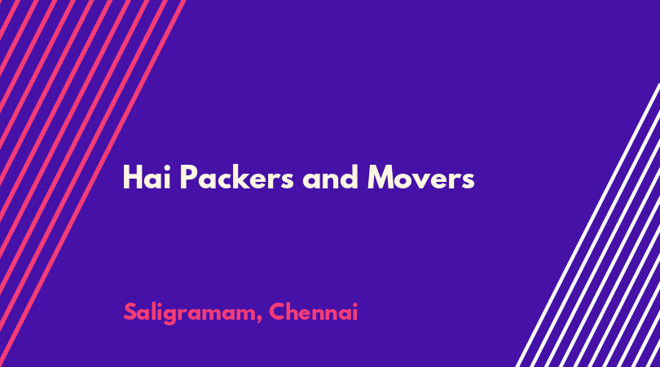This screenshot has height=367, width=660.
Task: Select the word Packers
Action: click(x=236, y=177)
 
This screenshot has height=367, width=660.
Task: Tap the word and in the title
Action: click(x=331, y=177)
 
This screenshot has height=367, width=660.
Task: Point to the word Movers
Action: click(x=421, y=178)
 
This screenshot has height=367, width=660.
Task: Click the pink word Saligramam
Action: click(x=189, y=313)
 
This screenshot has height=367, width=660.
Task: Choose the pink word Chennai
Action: click(x=313, y=312)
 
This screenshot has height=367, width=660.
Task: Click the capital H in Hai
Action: click(x=132, y=178)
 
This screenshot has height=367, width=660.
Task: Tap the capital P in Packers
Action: click(x=188, y=178)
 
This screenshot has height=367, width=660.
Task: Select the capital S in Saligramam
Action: click(x=130, y=312)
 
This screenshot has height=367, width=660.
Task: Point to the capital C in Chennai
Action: click(x=278, y=312)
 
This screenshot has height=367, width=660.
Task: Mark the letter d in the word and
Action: click(x=350, y=177)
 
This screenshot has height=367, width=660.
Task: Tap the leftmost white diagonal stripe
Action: click(x=587, y=225)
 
